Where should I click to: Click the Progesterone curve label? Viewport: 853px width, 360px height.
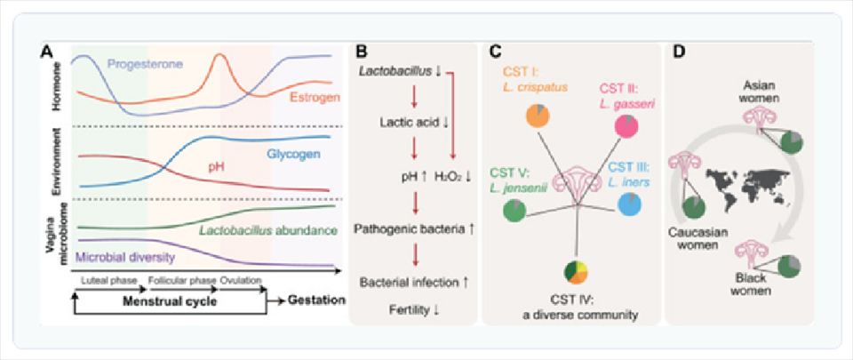145,64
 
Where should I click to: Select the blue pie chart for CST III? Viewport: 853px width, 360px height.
629,204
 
